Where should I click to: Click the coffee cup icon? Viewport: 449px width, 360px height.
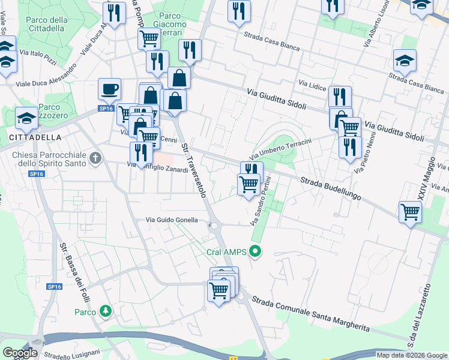coord(109,89)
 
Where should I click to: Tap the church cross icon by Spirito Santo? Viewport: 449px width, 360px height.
coord(94,158)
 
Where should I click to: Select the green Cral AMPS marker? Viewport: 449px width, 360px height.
coord(256,251)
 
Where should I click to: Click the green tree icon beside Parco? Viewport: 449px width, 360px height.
coord(106,311)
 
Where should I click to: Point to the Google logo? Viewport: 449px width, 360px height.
coord(20,353)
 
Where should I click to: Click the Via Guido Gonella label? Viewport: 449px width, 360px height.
coord(172,220)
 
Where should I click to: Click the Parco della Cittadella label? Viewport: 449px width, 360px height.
coord(46,23)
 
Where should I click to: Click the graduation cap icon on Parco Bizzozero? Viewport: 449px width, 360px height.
coord(27,119)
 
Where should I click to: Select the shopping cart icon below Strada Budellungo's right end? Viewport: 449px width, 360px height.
coord(411,212)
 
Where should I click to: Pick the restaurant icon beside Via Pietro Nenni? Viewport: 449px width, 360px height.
coord(349,147)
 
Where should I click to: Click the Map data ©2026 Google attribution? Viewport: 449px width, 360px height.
coord(412,355)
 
